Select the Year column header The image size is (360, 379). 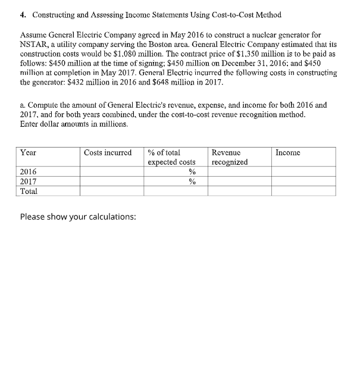click(28, 153)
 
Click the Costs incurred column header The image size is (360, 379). click(108, 153)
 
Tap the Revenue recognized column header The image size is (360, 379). click(230, 157)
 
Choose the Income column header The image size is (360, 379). click(288, 153)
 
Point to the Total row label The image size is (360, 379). click(29, 191)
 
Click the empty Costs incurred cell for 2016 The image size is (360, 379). click(112, 172)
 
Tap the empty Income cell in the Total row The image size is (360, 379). click(303, 191)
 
